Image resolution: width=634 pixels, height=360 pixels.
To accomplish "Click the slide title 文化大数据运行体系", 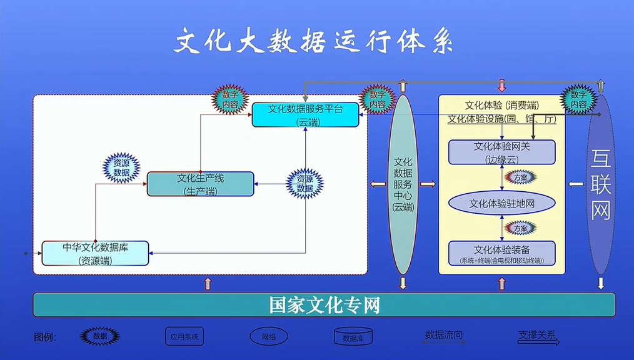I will click(314, 42).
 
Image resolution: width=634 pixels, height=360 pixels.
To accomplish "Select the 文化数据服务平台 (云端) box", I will click(306, 115).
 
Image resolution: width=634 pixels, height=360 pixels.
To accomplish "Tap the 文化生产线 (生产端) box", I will click(200, 184).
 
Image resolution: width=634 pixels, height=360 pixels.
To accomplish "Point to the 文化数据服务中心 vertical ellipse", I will click(403, 184).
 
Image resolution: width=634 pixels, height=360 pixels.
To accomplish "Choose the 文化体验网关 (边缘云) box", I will click(501, 152).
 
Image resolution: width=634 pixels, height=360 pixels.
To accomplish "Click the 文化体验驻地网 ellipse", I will click(501, 203).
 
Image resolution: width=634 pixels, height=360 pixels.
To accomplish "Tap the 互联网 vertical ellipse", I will click(600, 184).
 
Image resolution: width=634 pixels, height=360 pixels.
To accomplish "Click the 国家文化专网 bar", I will click(324, 305).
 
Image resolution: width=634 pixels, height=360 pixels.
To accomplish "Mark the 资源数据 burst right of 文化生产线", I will click(304, 184).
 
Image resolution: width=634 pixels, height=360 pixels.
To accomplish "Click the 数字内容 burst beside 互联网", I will click(578, 100).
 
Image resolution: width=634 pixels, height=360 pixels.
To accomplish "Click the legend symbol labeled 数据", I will click(100, 336).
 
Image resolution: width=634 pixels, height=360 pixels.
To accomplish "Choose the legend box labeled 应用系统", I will click(184, 336).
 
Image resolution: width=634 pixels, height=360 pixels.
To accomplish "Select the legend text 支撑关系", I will click(537, 335).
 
